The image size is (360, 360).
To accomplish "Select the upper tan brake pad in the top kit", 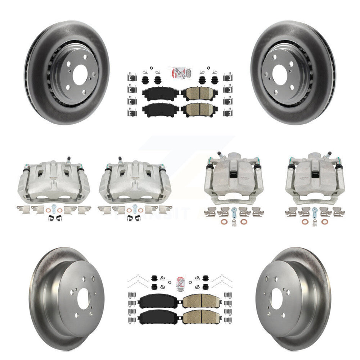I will pos(197,93).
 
